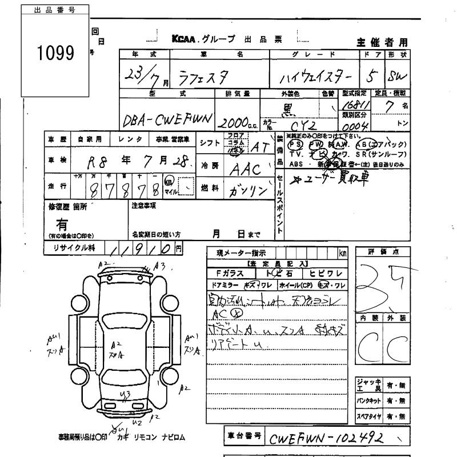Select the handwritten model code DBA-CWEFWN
click(x=167, y=118)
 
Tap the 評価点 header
click(x=382, y=252)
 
